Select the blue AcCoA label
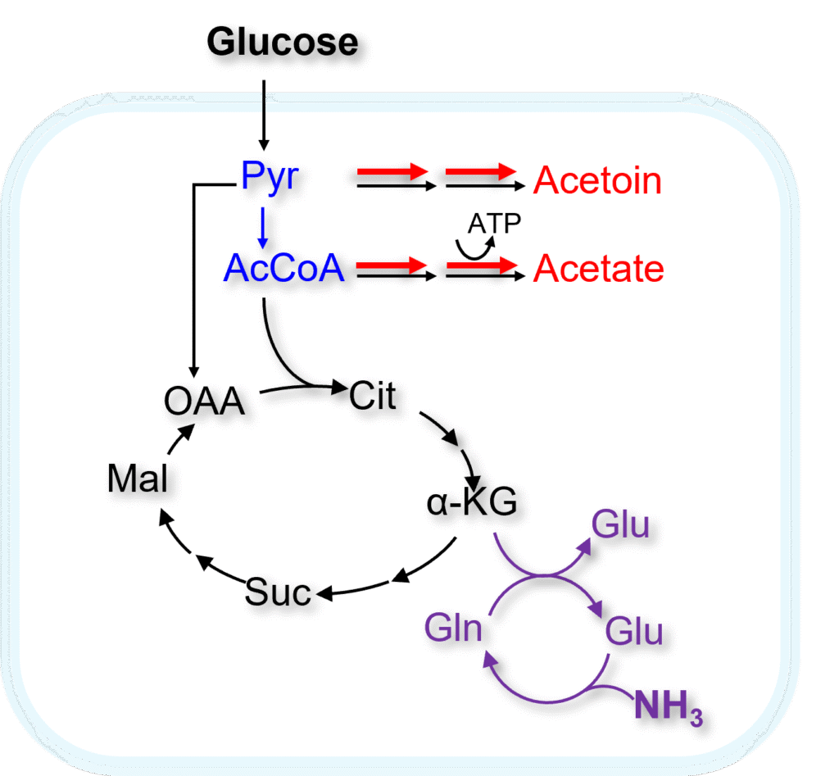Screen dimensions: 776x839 [x=284, y=268]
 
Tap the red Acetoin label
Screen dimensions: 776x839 [x=597, y=180]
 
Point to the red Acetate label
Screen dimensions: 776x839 [x=598, y=269]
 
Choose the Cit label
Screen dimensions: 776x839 [x=373, y=396]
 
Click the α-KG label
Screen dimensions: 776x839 [x=472, y=503]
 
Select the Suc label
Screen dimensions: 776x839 [x=279, y=592]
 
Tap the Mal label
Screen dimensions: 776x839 [x=138, y=479]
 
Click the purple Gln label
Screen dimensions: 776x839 [x=452, y=629]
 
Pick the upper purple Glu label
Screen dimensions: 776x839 [x=621, y=524]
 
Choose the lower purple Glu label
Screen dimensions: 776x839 [x=634, y=632]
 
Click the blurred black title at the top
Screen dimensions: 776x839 [x=287, y=47]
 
